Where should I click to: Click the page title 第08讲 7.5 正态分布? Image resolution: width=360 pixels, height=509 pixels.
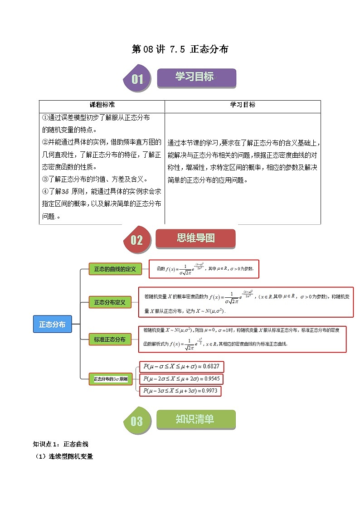[x=180, y=49]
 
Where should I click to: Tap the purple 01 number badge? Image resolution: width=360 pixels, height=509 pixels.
[x=136, y=79]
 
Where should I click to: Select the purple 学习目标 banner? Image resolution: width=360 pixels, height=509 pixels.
[x=196, y=78]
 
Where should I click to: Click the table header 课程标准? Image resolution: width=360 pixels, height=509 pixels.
[x=102, y=105]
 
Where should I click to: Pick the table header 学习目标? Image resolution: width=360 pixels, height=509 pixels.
[x=243, y=105]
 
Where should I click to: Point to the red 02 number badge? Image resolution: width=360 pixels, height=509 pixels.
[x=136, y=240]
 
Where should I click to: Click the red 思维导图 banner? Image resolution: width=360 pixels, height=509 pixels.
[x=195, y=238]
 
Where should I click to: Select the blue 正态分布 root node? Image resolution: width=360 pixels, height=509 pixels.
[x=52, y=325]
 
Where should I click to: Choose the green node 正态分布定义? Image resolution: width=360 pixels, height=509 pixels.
[x=109, y=302]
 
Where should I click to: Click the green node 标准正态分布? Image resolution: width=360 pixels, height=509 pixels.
[x=109, y=339]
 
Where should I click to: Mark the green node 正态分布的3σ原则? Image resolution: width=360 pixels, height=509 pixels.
[x=111, y=379]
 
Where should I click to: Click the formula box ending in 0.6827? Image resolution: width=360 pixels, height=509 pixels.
[x=182, y=367]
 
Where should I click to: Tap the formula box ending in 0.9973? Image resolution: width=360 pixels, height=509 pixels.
[x=182, y=391]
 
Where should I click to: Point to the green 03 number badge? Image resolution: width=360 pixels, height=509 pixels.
[x=136, y=422]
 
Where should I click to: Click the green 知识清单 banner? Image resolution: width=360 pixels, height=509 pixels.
[x=196, y=420]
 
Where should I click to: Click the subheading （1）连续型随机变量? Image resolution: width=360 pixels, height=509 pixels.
[x=64, y=456]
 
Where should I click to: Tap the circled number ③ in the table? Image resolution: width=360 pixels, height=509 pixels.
[x=45, y=179]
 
